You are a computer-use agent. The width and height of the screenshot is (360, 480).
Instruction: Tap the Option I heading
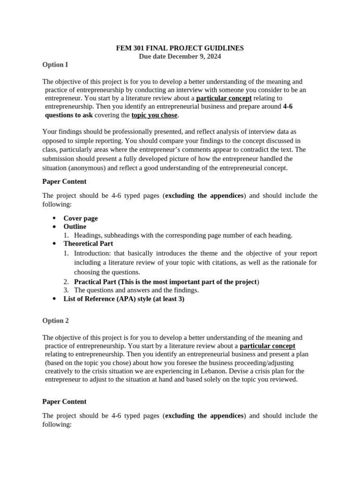click(55, 65)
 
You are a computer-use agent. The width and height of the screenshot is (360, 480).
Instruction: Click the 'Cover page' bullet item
click(81, 218)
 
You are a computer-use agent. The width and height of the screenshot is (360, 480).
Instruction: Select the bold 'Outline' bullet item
click(75, 227)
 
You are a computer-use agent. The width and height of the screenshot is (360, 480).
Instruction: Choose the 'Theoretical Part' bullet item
click(88, 244)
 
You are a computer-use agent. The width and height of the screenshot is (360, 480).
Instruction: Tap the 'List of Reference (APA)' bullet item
click(124, 299)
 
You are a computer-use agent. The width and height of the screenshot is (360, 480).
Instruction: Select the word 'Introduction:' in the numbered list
click(91, 253)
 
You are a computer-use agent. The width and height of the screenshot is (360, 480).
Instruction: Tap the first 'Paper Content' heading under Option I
click(64, 181)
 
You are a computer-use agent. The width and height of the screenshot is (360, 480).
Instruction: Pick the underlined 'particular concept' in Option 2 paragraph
click(267, 346)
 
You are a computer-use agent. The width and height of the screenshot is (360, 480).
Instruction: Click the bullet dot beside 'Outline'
click(54, 227)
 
